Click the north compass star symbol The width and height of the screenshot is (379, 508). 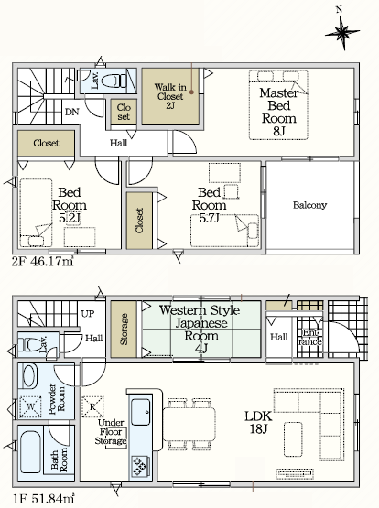pyautogui.click(x=342, y=32)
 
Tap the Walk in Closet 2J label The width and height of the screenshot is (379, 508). pyautogui.click(x=170, y=96)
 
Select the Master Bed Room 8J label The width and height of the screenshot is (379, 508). pyautogui.click(x=278, y=112)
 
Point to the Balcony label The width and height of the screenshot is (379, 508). pyautogui.click(x=309, y=205)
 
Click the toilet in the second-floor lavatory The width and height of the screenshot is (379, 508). pyautogui.click(x=114, y=81)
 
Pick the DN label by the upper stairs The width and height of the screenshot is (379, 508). pyautogui.click(x=72, y=112)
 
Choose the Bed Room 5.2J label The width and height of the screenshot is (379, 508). pyautogui.click(x=70, y=205)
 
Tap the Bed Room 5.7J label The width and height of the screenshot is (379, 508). pyautogui.click(x=210, y=205)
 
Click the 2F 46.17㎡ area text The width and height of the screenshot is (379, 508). pyautogui.click(x=43, y=261)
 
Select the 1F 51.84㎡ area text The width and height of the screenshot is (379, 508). pyautogui.click(x=43, y=498)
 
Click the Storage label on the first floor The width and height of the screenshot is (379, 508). pyautogui.click(x=124, y=329)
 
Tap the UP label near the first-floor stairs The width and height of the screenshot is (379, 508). pyautogui.click(x=88, y=314)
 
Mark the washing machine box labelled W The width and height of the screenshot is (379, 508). pyautogui.click(x=30, y=406)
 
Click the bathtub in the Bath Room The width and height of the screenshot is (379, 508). pyautogui.click(x=30, y=452)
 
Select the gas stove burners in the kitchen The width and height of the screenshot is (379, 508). pyautogui.click(x=140, y=466)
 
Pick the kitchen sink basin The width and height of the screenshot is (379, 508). pyautogui.click(x=141, y=412)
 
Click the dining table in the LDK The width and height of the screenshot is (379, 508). pyautogui.click(x=189, y=424)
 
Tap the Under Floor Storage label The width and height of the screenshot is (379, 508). pyautogui.click(x=111, y=432)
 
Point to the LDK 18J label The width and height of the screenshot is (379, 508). pyautogui.click(x=258, y=423)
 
